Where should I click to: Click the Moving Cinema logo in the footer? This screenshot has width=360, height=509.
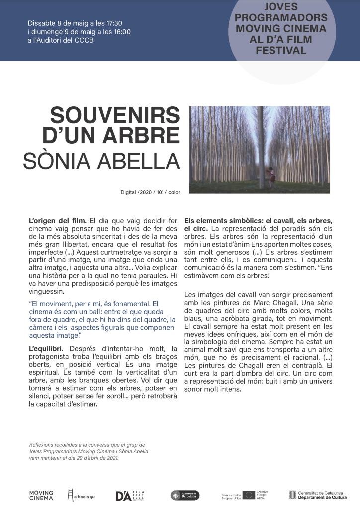pyautogui.click(x=41, y=495)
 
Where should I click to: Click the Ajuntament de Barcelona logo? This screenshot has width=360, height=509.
pyautogui.click(x=184, y=495)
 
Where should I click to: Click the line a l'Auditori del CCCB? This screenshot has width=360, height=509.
pyautogui.click(x=61, y=40)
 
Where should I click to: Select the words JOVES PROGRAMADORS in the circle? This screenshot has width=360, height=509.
pyautogui.click(x=281, y=12)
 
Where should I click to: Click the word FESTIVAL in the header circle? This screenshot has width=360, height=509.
pyautogui.click(x=281, y=50)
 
